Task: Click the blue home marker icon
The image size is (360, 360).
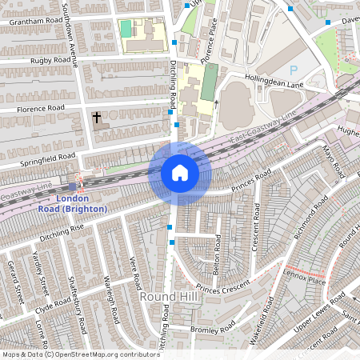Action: click(180, 173)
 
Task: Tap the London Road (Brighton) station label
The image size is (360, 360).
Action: click(72, 203)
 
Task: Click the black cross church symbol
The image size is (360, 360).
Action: click(97, 118)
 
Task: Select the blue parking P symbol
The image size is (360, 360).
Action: click(293, 70)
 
